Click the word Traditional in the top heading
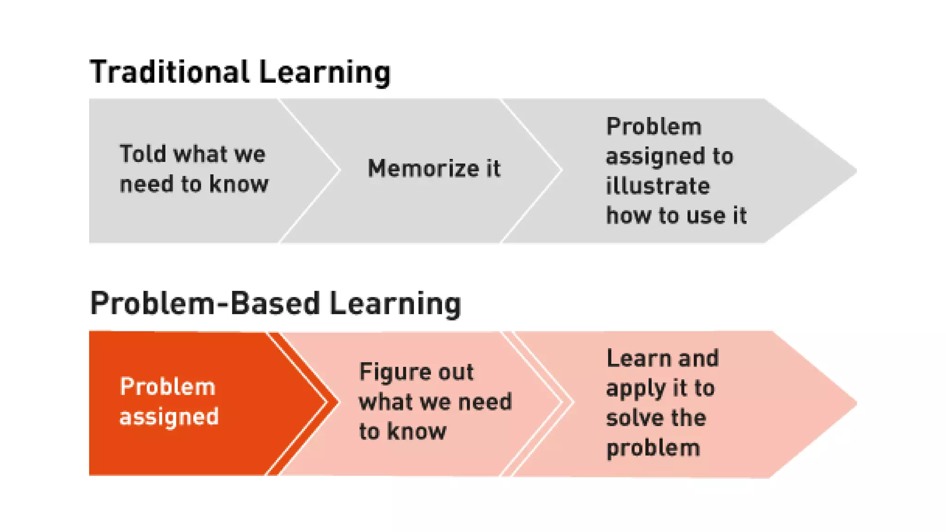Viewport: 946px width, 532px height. (170, 72)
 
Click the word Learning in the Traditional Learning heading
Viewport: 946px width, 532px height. (324, 73)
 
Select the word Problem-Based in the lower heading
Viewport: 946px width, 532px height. (205, 303)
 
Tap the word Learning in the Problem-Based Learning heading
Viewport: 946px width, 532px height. (395, 304)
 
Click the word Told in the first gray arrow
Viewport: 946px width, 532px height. (142, 154)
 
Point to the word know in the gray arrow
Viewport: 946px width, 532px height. (238, 184)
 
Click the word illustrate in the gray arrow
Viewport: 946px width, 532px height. (658, 186)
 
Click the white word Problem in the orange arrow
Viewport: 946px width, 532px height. (167, 387)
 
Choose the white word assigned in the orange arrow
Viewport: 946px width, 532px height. (169, 417)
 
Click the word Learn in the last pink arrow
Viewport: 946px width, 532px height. (632, 358)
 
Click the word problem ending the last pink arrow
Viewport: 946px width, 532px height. (653, 448)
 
